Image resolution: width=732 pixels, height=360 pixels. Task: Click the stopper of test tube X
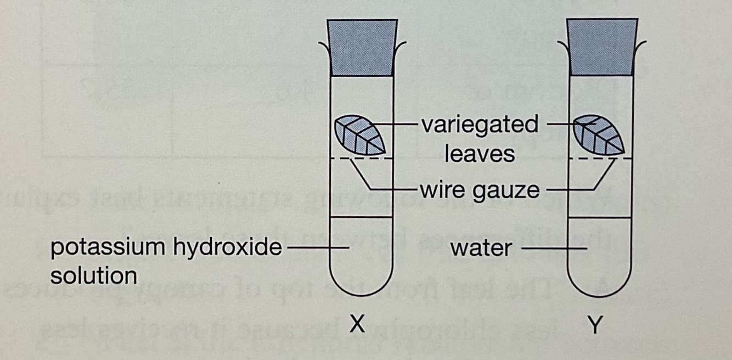(362, 47)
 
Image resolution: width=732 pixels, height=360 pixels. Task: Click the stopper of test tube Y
(602, 47)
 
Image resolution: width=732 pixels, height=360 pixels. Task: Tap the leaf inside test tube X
(360, 135)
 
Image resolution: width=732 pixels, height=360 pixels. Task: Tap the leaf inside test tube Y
(599, 135)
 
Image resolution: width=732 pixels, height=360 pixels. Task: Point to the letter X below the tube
(357, 326)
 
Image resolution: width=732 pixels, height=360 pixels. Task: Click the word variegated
(480, 125)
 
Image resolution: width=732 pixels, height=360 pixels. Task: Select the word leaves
(480, 154)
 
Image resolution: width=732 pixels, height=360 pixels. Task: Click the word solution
(93, 275)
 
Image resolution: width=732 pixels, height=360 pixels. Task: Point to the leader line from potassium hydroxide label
(316, 248)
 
